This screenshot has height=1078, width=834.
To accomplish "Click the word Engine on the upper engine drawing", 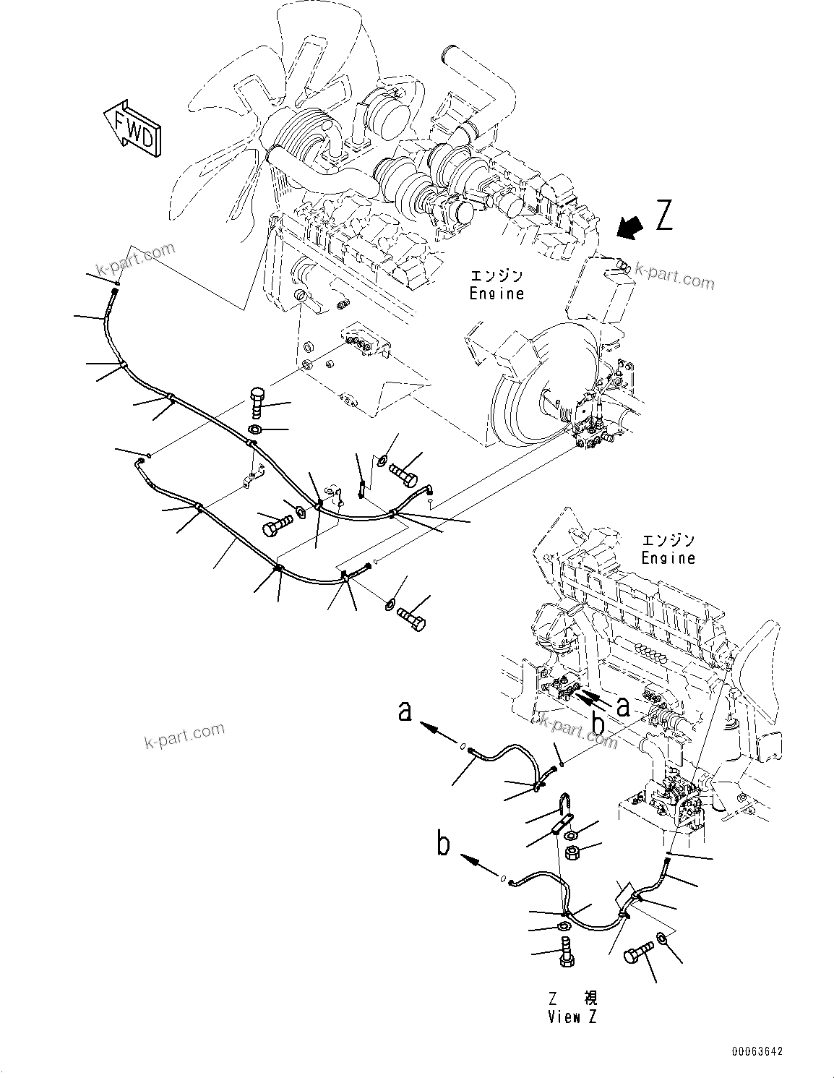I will pos(496,294).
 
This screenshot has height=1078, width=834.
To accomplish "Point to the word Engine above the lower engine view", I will pos(668,557).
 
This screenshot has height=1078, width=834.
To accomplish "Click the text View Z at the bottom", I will pos(573,1017).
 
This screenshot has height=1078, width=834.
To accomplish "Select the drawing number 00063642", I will pos(755,1052).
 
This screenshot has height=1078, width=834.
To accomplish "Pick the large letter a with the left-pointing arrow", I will pos(406,711).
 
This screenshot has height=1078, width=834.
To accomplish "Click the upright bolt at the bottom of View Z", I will pos(565,948).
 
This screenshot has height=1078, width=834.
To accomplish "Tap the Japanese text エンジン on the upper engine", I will pos(496,276).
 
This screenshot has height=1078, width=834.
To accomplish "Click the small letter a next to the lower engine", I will pos(622,705).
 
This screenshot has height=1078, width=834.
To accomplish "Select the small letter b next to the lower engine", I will pos(598,722).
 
